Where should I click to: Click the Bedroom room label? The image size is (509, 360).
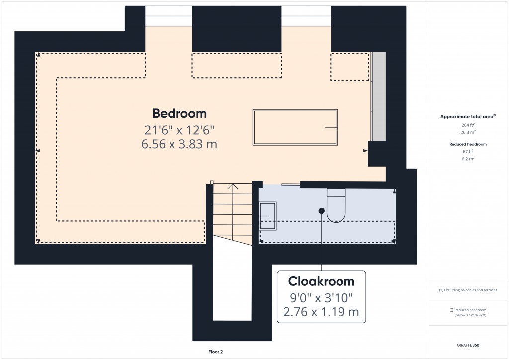click(x=179, y=113)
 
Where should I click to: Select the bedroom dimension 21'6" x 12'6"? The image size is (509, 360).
click(x=179, y=130)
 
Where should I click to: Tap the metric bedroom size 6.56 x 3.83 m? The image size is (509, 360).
click(x=179, y=144)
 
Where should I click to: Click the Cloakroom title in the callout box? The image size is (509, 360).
click(x=321, y=282)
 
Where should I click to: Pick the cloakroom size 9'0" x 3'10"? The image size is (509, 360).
click(x=321, y=298)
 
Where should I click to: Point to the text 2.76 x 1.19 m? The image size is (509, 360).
click(x=321, y=313)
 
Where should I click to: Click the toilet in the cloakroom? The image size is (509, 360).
click(x=336, y=205)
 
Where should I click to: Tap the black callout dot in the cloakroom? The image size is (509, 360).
click(x=322, y=211)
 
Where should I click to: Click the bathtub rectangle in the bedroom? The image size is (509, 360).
click(x=296, y=127)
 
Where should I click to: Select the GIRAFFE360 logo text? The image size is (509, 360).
click(x=469, y=345)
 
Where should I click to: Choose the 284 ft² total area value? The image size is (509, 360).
click(x=468, y=125)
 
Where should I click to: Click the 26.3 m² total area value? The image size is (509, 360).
click(x=468, y=133)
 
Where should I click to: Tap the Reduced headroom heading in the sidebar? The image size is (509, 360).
click(x=468, y=144)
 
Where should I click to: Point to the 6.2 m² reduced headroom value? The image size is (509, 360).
click(x=468, y=158)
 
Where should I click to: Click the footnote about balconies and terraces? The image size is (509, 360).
click(x=468, y=290)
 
